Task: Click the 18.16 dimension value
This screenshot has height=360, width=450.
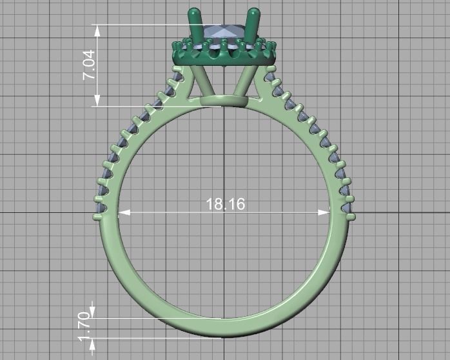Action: [x=225, y=205]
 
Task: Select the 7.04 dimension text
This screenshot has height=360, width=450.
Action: [x=88, y=65]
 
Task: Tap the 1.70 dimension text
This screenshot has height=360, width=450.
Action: [x=83, y=328]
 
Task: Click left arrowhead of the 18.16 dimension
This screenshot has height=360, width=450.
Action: [x=123, y=211]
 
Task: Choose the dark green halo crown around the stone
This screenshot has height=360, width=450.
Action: [x=224, y=53]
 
